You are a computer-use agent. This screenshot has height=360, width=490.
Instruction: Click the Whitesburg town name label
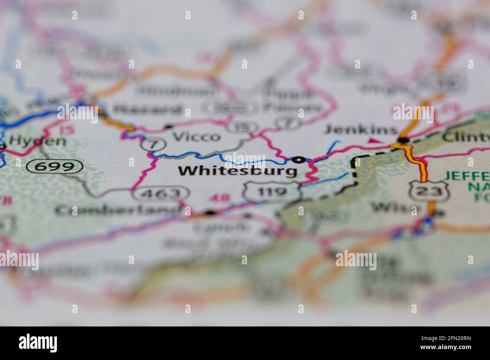pos(238,171)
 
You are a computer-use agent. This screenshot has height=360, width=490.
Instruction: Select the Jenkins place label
pos(361,130)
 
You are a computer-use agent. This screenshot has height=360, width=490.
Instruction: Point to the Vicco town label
pos(196,136)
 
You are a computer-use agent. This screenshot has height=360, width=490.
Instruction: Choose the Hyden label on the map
pos(37,141)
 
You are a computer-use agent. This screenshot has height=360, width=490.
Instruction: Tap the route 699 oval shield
pos(55,166)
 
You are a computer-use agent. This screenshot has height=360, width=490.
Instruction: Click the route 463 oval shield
pos(161,194)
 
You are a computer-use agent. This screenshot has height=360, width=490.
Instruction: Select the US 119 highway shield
pos(272,191)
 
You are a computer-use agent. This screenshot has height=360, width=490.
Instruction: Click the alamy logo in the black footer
pos(38,343)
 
